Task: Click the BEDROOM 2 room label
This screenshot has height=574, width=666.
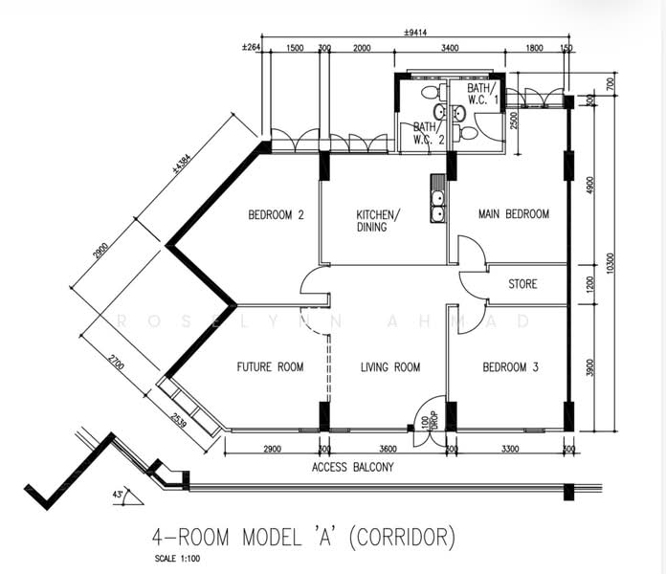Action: (276, 215)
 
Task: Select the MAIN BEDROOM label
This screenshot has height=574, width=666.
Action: (514, 214)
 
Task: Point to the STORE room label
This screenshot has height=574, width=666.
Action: (522, 284)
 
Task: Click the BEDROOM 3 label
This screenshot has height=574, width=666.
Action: (510, 367)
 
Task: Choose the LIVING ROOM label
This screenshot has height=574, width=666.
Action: (390, 367)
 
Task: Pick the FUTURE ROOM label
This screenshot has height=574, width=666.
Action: (270, 367)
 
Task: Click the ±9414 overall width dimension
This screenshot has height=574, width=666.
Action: (415, 33)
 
